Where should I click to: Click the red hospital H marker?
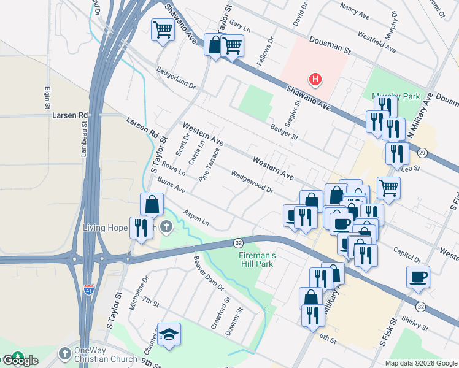315,79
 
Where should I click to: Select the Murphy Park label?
396,96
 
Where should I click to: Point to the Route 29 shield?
422,152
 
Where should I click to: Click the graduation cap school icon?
169,335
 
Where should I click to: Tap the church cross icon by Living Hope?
166,228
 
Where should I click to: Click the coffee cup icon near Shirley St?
418,277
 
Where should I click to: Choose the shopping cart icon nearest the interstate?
163,29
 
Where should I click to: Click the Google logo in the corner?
20,361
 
